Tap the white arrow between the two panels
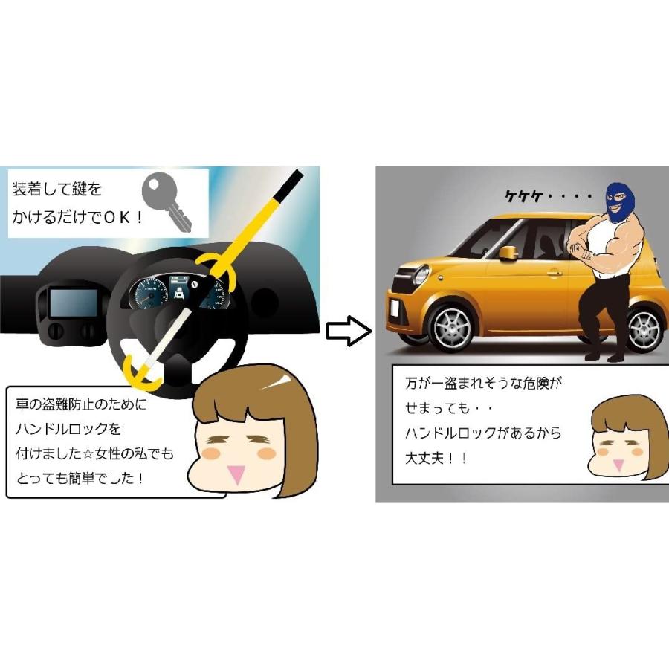[x=348, y=331]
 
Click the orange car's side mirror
[x=508, y=253]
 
